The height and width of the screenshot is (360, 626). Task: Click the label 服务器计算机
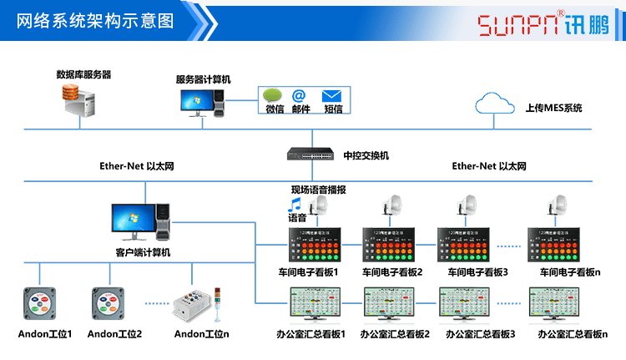pos(203,79)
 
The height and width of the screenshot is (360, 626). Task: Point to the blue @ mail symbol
pos(300,95)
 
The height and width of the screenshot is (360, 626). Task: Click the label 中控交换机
pos(366,156)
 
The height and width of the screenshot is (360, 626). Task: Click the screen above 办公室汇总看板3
pos(468,306)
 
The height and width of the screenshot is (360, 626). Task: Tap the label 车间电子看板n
pos(569,272)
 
